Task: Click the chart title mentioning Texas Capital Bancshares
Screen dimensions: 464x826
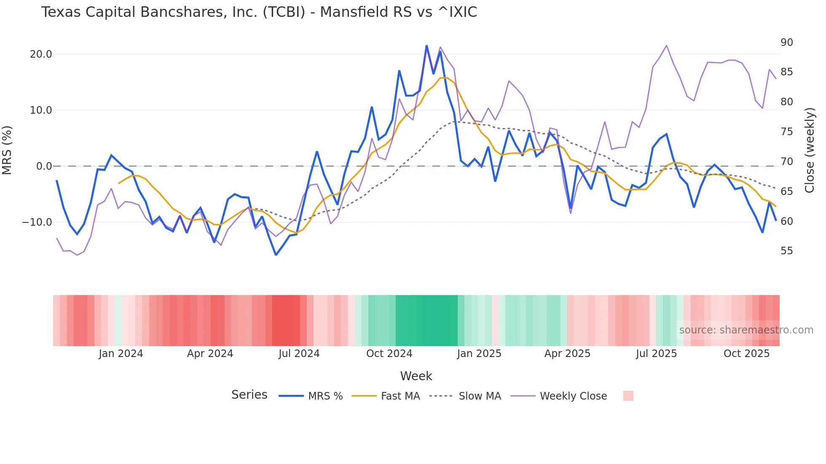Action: click(x=259, y=12)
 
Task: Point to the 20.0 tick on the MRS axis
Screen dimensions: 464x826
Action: click(x=41, y=54)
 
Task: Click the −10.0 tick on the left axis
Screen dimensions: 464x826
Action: click(x=37, y=222)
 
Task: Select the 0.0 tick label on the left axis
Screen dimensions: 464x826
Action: click(x=44, y=166)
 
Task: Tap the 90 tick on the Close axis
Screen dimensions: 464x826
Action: click(x=786, y=43)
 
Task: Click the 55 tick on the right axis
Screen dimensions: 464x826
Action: click(x=786, y=251)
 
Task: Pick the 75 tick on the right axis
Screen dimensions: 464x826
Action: click(x=786, y=132)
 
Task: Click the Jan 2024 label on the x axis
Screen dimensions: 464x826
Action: click(x=121, y=354)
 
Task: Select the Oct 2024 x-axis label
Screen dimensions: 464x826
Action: click(x=389, y=354)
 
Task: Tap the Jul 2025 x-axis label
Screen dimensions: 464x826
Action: click(x=656, y=354)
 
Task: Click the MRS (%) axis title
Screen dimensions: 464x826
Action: click(x=7, y=150)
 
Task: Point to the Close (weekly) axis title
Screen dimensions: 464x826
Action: click(x=810, y=150)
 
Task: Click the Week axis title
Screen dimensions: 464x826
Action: click(x=416, y=376)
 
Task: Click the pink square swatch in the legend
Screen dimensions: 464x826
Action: click(x=628, y=396)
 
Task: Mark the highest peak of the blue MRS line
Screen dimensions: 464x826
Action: click(x=426, y=46)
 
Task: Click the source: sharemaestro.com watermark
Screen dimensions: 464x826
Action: click(x=746, y=330)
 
